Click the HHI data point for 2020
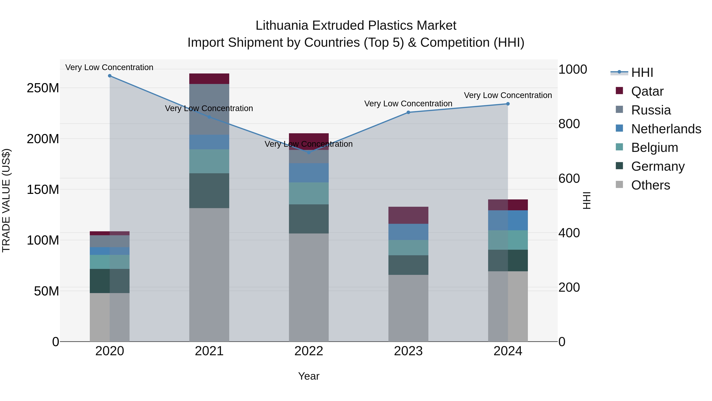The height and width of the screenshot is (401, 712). click(110, 76)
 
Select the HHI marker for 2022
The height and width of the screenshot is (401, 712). click(309, 152)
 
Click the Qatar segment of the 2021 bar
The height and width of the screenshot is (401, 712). click(209, 79)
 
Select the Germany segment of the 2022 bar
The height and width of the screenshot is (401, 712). click(309, 219)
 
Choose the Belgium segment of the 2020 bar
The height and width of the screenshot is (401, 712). click(110, 262)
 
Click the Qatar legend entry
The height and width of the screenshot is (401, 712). click(647, 91)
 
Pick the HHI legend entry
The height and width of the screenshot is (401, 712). click(642, 72)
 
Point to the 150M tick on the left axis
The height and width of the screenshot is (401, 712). click(43, 190)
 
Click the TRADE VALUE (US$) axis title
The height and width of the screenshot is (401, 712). click(6, 200)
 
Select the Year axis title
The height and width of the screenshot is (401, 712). click(309, 376)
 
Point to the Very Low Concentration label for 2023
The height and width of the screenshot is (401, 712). click(408, 104)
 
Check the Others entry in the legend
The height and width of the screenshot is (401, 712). click(650, 185)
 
